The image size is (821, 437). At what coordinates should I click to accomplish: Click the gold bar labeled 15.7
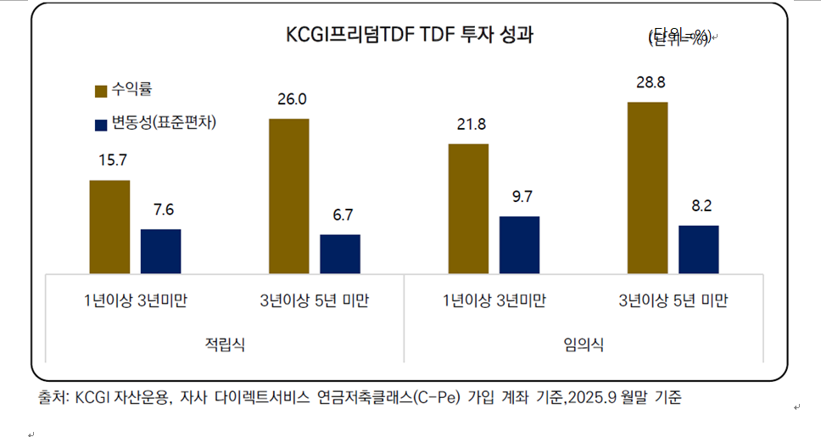point(109,227)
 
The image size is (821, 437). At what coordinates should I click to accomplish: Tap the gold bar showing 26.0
point(288,196)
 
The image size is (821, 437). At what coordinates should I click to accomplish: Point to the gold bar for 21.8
point(468,209)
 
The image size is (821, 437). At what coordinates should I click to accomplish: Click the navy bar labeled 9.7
point(519,244)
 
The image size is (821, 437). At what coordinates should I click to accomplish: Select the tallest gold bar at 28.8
point(647,188)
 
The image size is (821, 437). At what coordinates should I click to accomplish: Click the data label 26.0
point(292,99)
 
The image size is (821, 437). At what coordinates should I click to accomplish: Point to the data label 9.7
point(522,197)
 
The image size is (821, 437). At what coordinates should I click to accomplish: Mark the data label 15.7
point(112,160)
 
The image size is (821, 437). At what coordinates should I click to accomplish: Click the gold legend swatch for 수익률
point(100,91)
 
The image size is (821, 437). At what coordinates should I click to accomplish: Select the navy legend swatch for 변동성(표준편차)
point(100,124)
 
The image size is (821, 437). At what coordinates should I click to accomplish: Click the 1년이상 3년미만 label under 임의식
point(494,301)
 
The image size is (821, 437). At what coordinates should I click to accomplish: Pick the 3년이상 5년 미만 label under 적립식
point(314,301)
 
